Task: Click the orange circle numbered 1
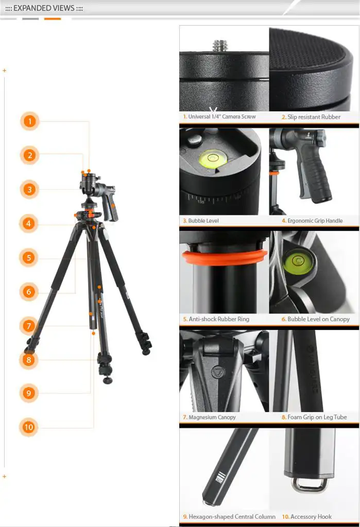point(29,121)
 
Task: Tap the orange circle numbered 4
point(29,223)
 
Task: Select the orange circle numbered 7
point(29,326)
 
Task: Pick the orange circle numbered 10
point(29,427)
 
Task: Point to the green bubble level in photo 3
point(212,158)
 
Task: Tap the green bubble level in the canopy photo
point(297,261)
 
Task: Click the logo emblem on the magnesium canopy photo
point(218,372)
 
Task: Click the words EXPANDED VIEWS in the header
point(44,8)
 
